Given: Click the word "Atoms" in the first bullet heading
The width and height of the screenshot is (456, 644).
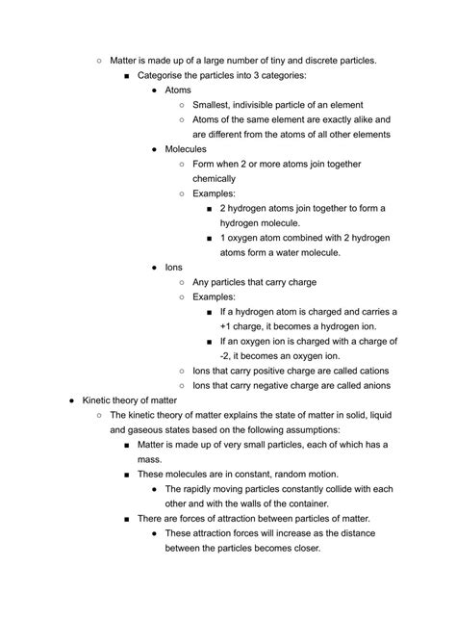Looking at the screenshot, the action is click(x=179, y=90).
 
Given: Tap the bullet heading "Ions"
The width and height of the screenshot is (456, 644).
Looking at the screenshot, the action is click(x=174, y=268).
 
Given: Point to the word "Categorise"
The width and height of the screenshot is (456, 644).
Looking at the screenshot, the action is click(x=165, y=75).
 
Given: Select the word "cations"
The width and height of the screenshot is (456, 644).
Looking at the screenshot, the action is click(x=368, y=371).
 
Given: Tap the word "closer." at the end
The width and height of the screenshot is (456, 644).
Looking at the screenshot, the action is click(x=300, y=548).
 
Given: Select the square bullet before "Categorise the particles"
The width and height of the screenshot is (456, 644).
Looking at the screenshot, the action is click(x=127, y=75).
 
